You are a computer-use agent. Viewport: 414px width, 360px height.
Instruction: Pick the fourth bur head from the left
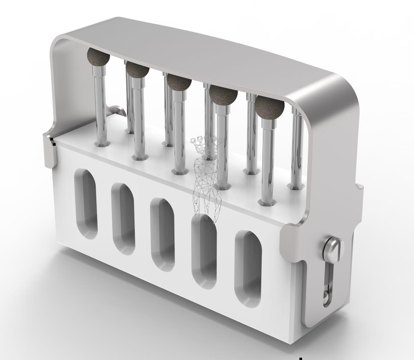(223, 95)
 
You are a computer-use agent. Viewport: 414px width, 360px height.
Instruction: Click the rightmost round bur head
(270, 106)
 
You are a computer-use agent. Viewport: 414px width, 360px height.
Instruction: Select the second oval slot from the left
(123, 218)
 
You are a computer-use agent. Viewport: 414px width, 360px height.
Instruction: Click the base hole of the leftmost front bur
(102, 144)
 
